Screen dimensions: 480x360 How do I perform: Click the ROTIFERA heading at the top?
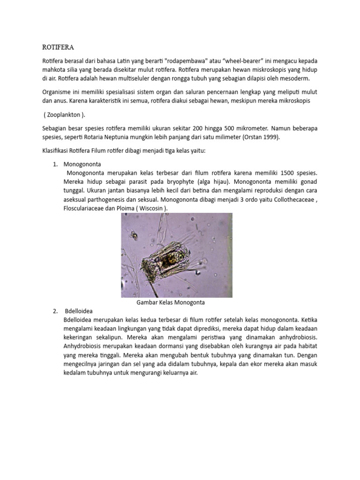pos(58,47)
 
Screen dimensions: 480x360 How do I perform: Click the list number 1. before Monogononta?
pos(55,164)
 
